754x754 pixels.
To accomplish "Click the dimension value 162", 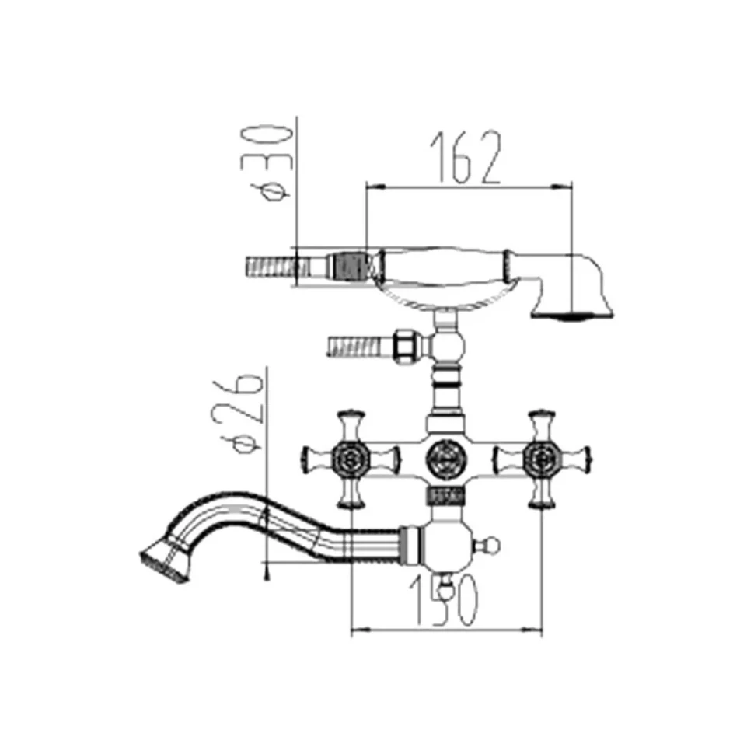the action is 466,157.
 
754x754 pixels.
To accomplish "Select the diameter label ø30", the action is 273,164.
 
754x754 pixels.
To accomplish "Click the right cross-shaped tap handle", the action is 542,459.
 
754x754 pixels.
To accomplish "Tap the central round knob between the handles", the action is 445,459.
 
